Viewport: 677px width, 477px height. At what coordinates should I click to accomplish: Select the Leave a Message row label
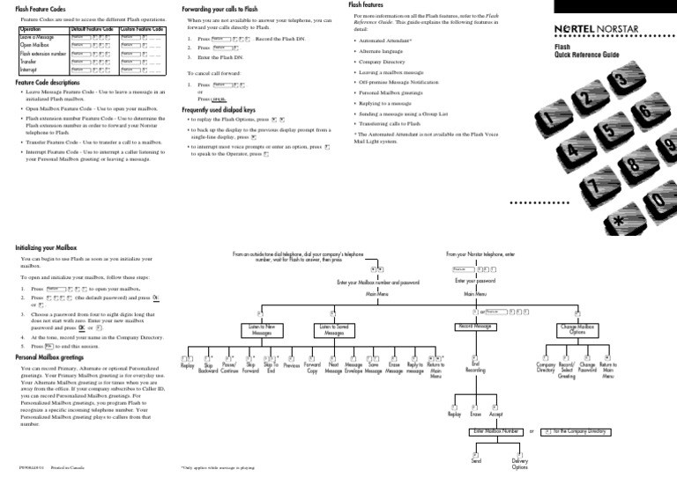click(36, 36)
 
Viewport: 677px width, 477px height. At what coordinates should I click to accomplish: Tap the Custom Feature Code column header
click(142, 29)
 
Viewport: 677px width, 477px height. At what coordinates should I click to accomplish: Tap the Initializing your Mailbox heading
click(53, 248)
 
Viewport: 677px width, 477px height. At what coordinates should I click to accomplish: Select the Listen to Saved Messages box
click(334, 330)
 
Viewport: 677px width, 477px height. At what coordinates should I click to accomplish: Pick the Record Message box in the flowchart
click(474, 327)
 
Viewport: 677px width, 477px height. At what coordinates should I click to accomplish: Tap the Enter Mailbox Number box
click(494, 432)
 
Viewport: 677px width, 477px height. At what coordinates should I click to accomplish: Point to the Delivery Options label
click(520, 465)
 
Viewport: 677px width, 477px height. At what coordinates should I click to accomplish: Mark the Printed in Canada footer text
click(67, 467)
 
